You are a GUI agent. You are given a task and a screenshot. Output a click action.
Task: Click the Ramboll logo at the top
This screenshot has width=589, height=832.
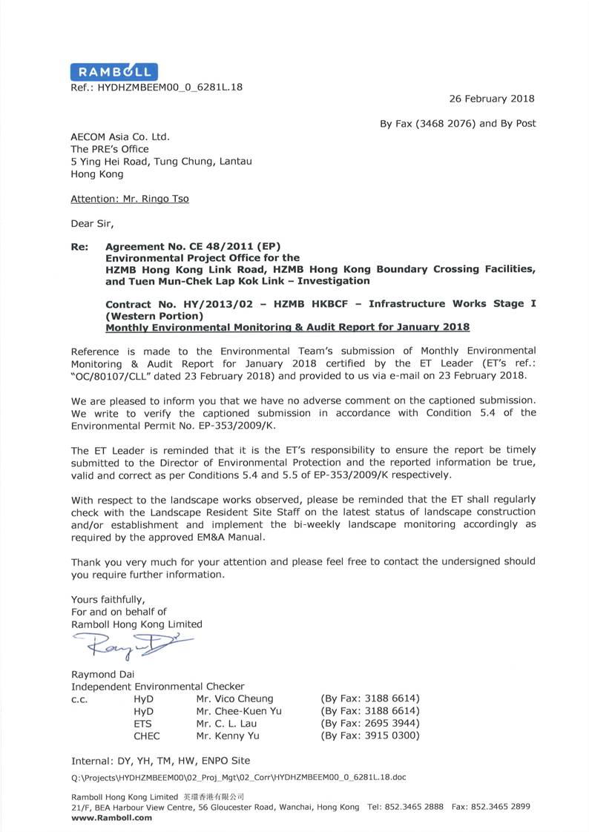coord(113,71)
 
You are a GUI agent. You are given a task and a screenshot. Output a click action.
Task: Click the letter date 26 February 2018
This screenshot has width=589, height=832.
coord(492,99)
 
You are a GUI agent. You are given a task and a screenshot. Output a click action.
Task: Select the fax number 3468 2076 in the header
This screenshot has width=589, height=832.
coord(451,124)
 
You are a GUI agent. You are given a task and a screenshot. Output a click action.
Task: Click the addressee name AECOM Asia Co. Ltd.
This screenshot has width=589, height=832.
coord(120,136)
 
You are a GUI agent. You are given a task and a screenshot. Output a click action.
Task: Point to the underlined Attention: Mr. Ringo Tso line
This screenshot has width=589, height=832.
coord(129,199)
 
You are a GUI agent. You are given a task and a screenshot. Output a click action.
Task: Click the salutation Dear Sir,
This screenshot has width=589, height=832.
coord(93,222)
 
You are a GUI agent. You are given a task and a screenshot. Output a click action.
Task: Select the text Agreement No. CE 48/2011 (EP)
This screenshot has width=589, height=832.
coord(194,245)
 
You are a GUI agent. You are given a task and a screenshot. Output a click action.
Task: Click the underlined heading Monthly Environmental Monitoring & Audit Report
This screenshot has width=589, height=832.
coord(287,327)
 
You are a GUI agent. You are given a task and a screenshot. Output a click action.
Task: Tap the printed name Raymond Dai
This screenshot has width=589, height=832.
coord(102,674)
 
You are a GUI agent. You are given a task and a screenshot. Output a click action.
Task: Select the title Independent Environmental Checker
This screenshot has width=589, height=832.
coord(157,687)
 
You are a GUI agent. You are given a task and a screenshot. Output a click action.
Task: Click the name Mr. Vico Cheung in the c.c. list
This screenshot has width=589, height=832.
coord(234,699)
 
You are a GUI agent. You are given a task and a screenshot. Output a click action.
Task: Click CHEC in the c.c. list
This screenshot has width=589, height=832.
coord(146,736)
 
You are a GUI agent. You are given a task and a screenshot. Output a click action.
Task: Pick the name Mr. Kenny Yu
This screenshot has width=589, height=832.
coord(224,736)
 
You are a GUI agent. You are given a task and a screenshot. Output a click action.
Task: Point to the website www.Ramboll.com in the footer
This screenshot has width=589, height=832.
coord(111,818)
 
